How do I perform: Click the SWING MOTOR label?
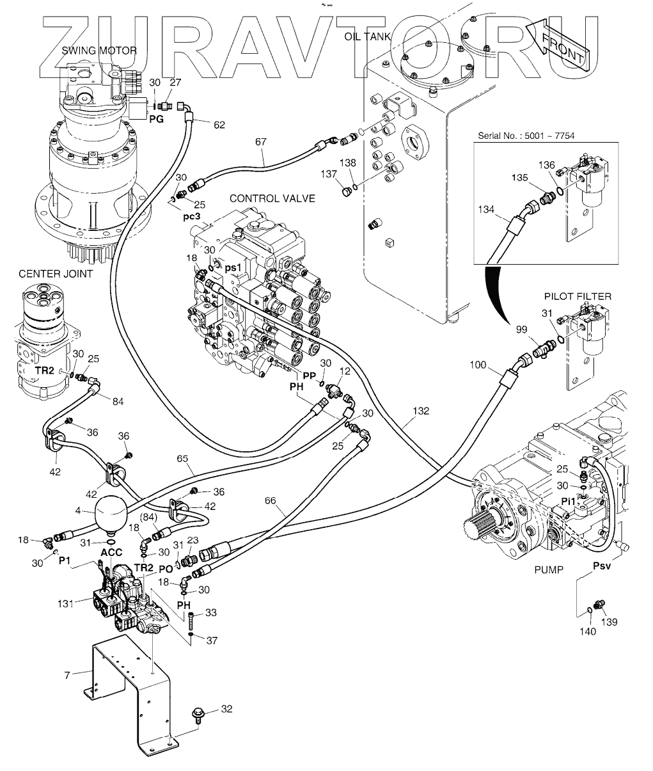[99, 51]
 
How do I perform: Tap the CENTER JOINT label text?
[55, 274]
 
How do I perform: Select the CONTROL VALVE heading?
[272, 198]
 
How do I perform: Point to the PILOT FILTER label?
[578, 296]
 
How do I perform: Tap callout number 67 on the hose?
[260, 141]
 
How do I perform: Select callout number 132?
[421, 410]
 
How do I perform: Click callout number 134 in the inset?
[487, 209]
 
